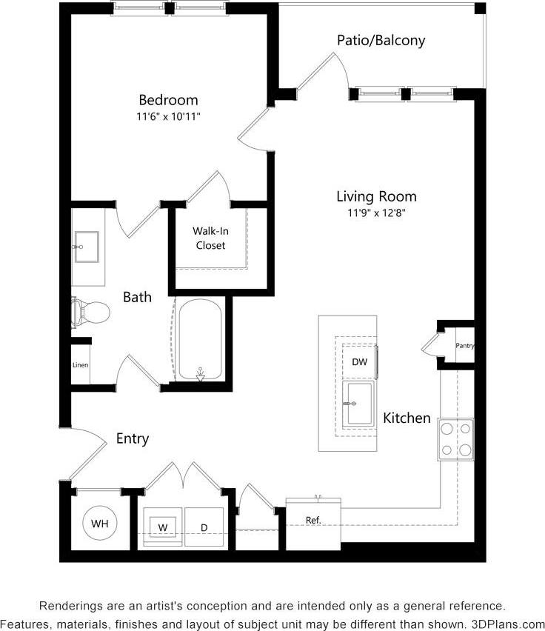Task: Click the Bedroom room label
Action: pyautogui.click(x=168, y=100)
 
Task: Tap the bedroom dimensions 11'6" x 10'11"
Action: pyautogui.click(x=168, y=117)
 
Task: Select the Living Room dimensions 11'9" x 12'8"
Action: pyautogui.click(x=376, y=213)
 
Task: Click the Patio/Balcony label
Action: pyautogui.click(x=381, y=40)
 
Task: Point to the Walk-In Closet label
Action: pyautogui.click(x=210, y=238)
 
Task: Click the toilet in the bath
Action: pyautogui.click(x=90, y=313)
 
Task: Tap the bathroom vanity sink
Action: pyautogui.click(x=87, y=246)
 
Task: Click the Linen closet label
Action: pyautogui.click(x=81, y=365)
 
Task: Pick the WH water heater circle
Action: pyautogui.click(x=99, y=524)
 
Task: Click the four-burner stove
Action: pyautogui.click(x=455, y=438)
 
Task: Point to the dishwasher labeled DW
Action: pyautogui.click(x=360, y=362)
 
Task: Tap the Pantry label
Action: pyautogui.click(x=464, y=346)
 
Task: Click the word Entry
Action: pyautogui.click(x=133, y=438)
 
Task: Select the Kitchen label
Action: pyautogui.click(x=407, y=418)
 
